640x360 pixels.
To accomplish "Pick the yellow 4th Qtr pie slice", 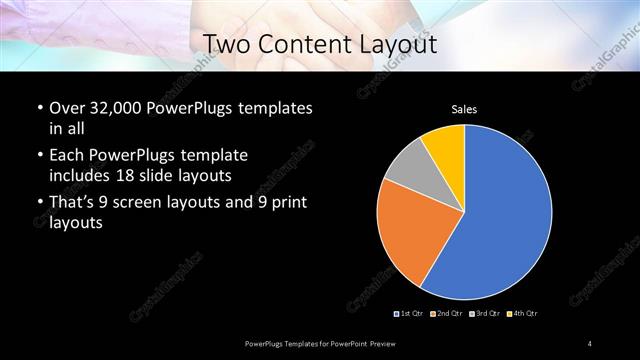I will [445, 146].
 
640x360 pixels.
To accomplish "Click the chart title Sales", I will [464, 108].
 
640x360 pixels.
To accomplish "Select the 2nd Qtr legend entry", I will [446, 314].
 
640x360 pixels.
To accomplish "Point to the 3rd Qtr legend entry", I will [484, 314].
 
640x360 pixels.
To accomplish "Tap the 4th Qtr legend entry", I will [522, 314].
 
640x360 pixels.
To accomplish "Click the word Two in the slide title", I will [226, 44].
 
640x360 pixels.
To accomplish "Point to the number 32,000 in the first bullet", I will [119, 107].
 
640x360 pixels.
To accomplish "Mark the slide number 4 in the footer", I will [590, 344].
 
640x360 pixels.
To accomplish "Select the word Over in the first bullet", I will [66, 107].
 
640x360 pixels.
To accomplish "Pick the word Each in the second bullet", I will [66, 156].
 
